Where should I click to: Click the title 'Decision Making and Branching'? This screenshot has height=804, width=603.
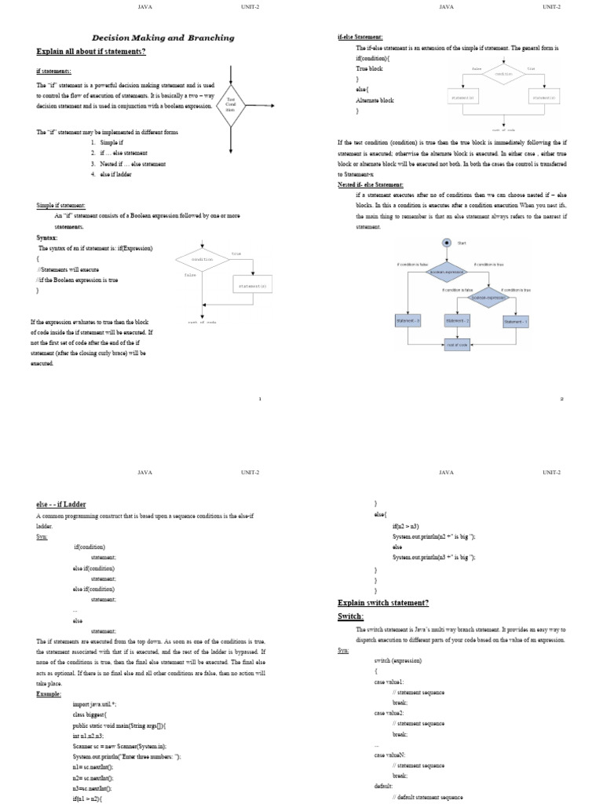[163, 37]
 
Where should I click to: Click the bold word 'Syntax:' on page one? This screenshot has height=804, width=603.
[46, 237]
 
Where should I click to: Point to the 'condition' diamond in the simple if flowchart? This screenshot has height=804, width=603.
[202, 259]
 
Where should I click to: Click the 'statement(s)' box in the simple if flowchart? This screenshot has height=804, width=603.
[253, 287]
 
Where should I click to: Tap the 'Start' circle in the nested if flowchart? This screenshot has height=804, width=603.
[447, 243]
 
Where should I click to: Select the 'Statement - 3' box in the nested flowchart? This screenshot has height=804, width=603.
[407, 320]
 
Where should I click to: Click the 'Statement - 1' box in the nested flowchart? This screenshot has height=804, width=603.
[516, 320]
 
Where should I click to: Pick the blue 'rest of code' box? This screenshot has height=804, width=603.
[457, 345]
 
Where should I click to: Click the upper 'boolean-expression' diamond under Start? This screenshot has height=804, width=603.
[447, 272]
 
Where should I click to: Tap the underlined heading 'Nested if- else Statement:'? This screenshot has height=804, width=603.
[371, 184]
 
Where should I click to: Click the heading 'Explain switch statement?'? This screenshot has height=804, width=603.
[383, 602]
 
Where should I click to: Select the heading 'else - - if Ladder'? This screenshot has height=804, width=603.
[62, 505]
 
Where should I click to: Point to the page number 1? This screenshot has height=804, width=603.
[260, 399]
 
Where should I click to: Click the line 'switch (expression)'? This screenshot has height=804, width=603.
[398, 661]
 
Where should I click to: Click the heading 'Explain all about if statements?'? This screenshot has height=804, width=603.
[91, 52]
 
